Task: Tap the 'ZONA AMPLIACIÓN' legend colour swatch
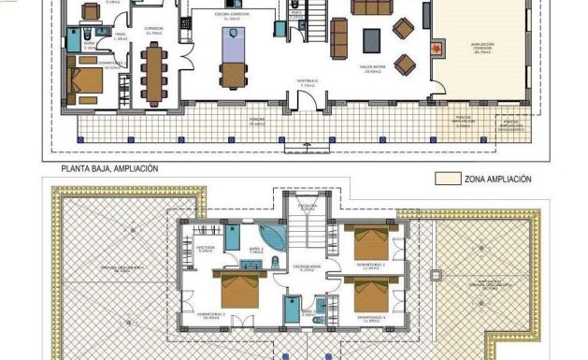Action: [x=452, y=178]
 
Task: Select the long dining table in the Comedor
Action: [x=153, y=73]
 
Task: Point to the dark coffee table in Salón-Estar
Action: [x=371, y=39]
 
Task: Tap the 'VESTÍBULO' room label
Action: [x=308, y=81]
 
